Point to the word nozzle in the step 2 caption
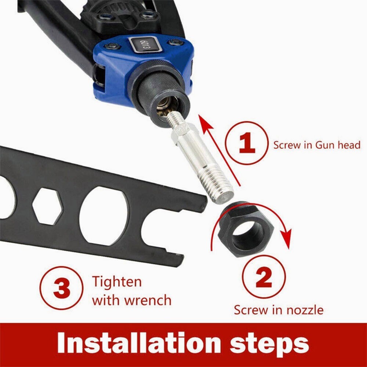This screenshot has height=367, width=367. pos(304,310)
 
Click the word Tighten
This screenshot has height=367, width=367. pos(116,282)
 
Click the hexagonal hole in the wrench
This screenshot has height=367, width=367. pos(47,206)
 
